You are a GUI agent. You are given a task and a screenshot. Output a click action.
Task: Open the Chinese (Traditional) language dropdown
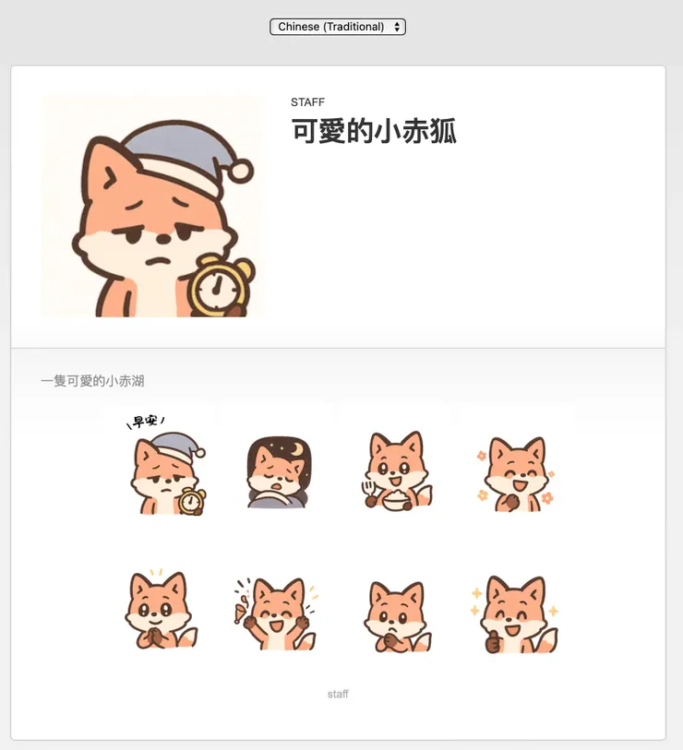(x=338, y=27)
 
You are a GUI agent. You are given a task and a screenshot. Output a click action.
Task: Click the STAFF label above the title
(x=307, y=102)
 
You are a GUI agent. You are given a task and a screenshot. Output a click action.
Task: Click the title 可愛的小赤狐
(x=374, y=132)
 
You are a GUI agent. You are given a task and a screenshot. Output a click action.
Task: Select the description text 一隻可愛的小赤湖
(x=92, y=381)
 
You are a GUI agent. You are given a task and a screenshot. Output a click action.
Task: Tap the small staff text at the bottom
(x=338, y=694)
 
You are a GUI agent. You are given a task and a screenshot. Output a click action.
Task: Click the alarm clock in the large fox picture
(x=220, y=286)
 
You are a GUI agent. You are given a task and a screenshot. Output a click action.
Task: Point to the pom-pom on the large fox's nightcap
(x=241, y=170)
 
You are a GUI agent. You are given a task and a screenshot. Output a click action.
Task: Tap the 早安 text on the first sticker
(x=144, y=422)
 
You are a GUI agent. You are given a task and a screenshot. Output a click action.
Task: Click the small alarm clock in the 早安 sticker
(x=192, y=501)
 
